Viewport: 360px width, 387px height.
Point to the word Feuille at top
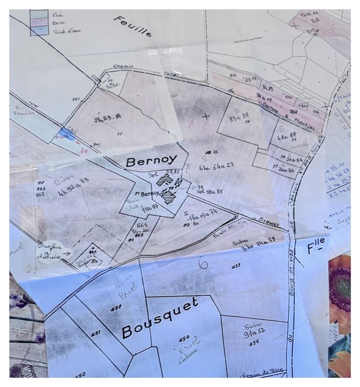[133, 27]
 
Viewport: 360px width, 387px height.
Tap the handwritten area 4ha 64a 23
[216, 165]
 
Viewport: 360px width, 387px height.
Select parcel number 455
[236, 266]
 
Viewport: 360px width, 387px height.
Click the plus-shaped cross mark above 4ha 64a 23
[207, 116]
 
